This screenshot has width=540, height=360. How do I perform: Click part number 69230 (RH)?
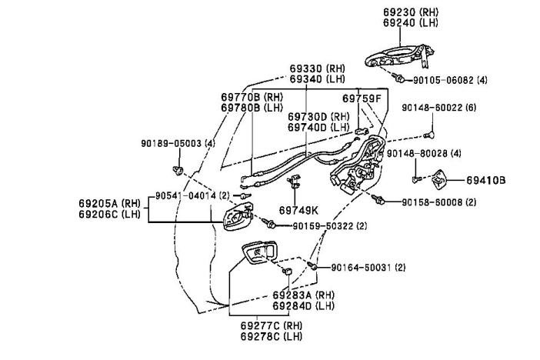(x=412, y=12)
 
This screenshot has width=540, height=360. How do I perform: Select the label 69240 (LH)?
(x=412, y=23)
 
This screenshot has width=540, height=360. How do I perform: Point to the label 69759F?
(x=361, y=98)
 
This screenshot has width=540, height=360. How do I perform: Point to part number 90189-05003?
(x=171, y=143)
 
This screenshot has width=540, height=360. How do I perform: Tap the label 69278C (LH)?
(x=272, y=337)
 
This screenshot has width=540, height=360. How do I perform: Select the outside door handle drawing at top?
(x=398, y=55)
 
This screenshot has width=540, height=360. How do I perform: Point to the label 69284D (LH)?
(x=305, y=306)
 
